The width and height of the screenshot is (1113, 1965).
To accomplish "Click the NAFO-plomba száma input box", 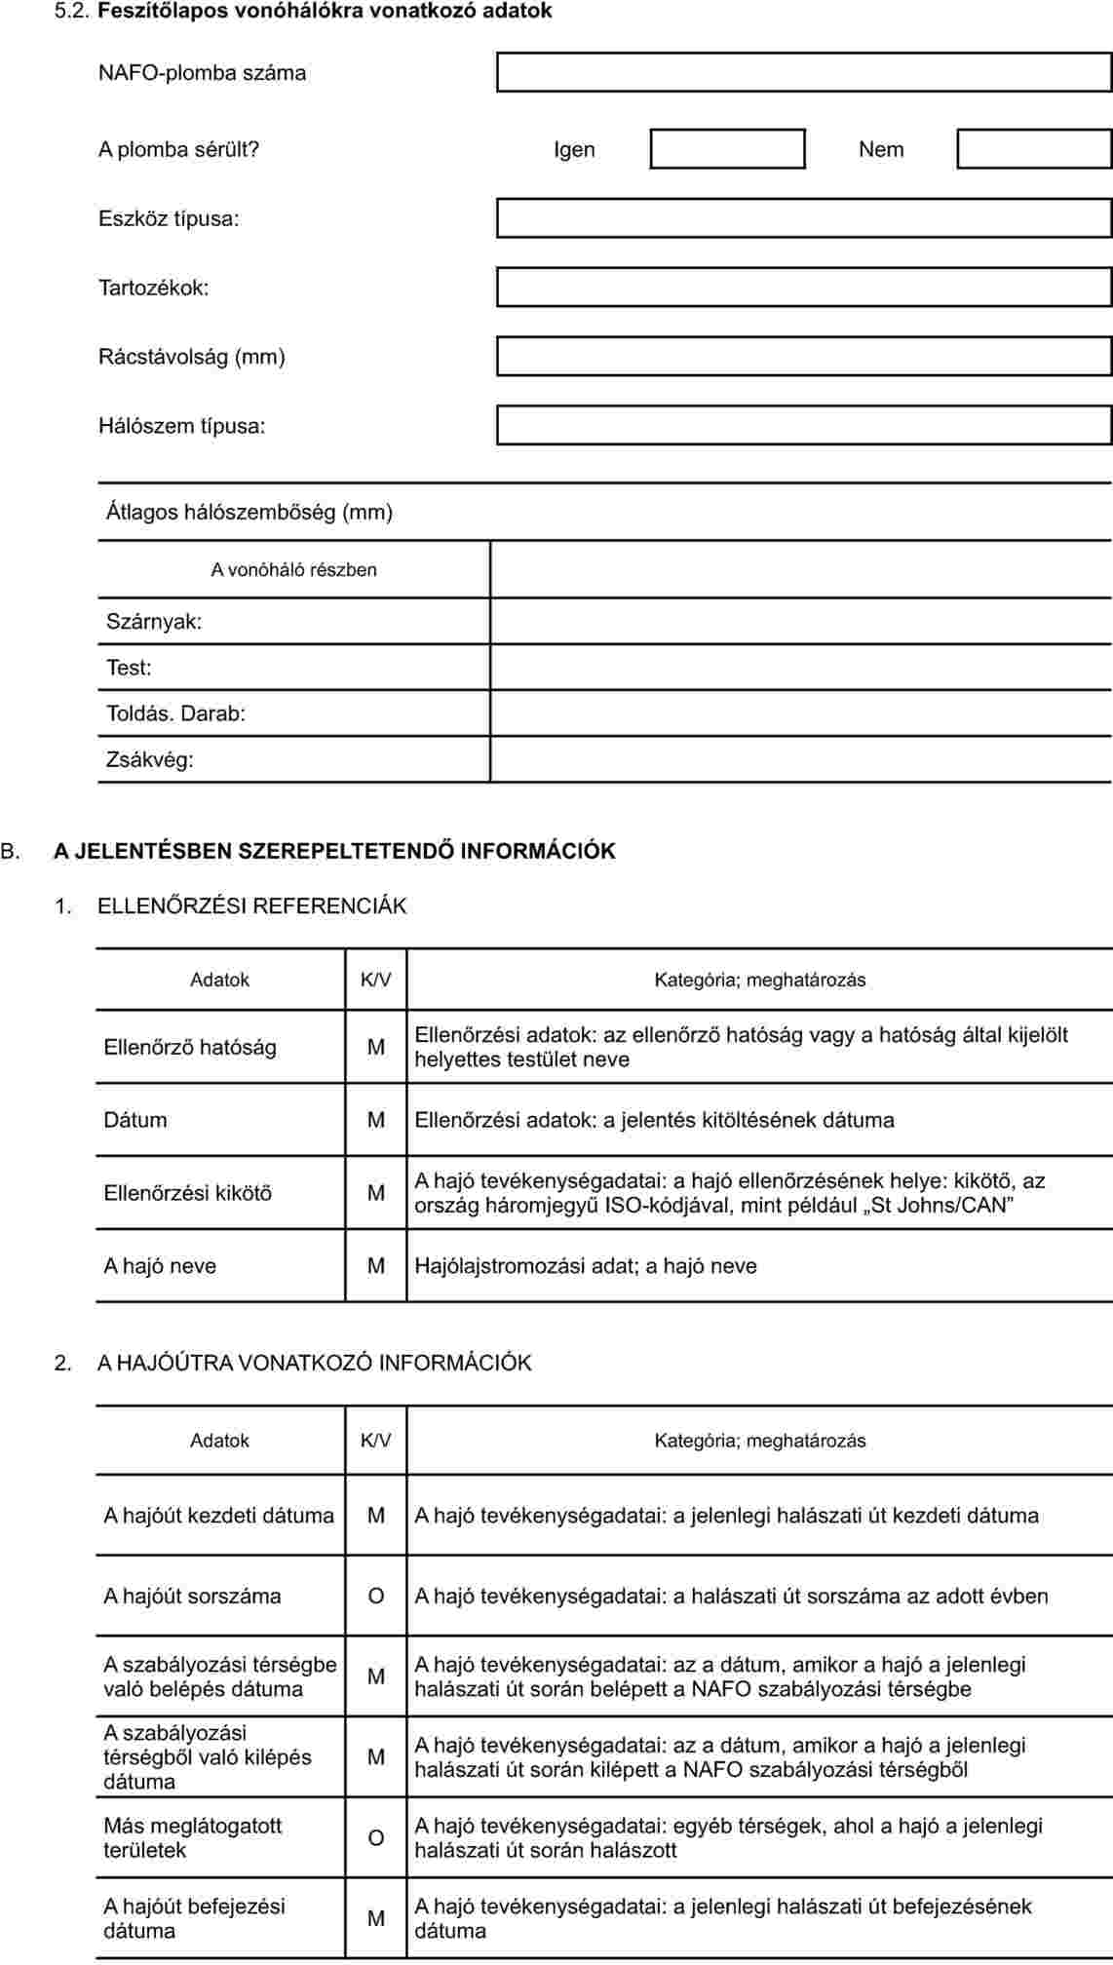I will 803,72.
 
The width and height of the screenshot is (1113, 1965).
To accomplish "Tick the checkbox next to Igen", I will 727,149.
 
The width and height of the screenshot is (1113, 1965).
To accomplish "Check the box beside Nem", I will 1034,149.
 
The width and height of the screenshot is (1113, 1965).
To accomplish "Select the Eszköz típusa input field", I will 803,218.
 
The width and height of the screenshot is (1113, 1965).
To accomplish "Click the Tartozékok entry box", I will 803,288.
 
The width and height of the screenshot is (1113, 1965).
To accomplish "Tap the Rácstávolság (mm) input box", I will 803,357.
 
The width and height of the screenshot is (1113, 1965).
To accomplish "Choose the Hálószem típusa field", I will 803,426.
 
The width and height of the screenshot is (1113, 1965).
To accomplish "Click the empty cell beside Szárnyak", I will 800,621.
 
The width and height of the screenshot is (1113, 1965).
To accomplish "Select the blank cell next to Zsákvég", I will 800,759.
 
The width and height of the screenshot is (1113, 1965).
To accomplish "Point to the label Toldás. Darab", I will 175,713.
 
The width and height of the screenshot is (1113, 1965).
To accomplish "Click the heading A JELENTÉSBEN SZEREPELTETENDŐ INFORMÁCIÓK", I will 334,851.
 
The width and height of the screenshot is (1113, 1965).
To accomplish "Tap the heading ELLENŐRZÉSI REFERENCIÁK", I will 251,905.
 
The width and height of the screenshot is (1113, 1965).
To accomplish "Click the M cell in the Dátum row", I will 376,1120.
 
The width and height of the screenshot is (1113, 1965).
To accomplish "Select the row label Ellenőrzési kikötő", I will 188,1193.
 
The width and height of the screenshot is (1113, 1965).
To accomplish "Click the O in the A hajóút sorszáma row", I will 376,1596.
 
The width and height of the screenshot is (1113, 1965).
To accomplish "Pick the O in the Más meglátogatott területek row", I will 376,1837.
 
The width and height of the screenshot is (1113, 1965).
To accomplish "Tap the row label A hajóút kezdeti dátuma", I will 219,1516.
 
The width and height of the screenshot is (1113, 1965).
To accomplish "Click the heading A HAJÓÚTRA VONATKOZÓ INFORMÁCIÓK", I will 314,1363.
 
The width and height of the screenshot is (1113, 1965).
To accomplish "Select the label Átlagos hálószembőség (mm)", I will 249,512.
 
